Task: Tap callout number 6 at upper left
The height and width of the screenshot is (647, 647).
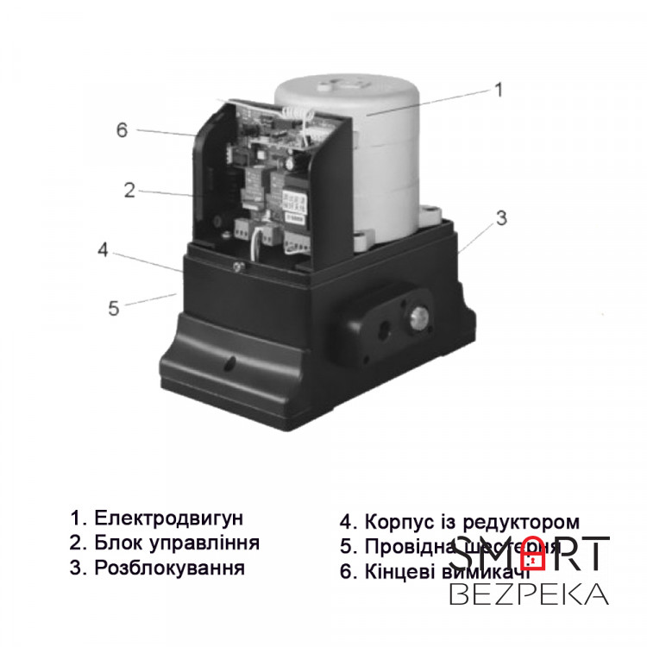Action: click(x=122, y=130)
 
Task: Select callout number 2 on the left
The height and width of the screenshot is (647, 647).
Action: click(x=129, y=191)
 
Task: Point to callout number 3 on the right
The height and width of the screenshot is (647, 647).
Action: click(x=501, y=218)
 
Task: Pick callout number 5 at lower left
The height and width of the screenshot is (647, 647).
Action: click(x=114, y=307)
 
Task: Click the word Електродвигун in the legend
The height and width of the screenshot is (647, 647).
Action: click(x=169, y=518)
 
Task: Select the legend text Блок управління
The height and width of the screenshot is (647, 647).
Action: click(x=177, y=543)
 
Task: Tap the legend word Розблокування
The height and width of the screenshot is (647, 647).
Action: click(x=169, y=568)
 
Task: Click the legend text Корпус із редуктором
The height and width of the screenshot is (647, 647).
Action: click(x=471, y=523)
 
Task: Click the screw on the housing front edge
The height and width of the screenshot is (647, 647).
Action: click(x=235, y=268)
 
